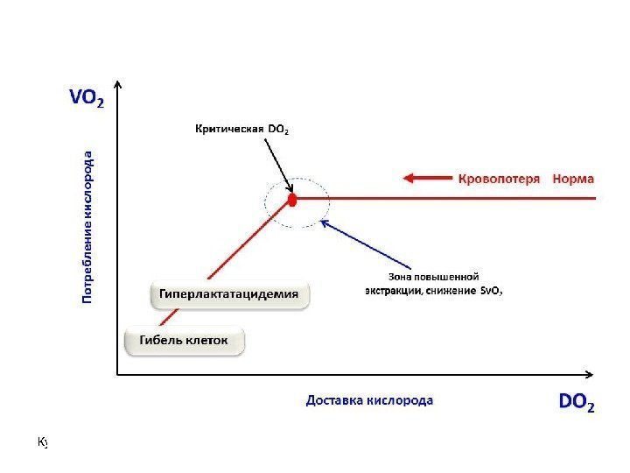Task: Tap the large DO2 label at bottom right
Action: [577, 403]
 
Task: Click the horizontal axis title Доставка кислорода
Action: [368, 400]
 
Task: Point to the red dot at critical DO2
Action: [293, 200]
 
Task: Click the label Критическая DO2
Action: [240, 130]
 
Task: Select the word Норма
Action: [572, 179]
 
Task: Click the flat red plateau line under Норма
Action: [490, 199]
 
